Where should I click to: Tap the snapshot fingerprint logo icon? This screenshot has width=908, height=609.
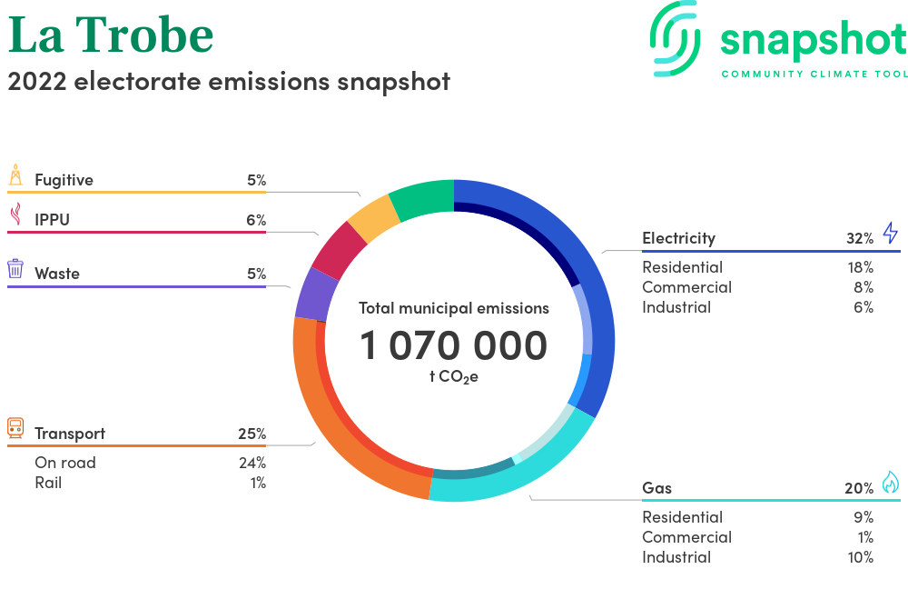pos(676,39)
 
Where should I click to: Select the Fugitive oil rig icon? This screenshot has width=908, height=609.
pos(15,175)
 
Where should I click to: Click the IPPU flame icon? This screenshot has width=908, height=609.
pos(16,214)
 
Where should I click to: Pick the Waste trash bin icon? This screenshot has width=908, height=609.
pos(15,269)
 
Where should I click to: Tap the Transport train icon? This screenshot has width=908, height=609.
pos(15,428)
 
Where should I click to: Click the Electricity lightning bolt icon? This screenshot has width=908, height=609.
pos(891,233)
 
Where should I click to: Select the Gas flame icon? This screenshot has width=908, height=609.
pos(891,482)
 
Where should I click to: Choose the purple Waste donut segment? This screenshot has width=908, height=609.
pos(316,294)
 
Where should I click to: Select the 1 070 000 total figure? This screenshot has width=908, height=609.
pos(453,345)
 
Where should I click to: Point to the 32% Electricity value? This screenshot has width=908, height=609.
pos(860,238)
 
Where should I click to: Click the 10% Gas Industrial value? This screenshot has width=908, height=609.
pos(861,557)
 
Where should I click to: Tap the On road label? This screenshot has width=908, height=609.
pos(65,463)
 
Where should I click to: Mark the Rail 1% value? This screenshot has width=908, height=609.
pos(258,483)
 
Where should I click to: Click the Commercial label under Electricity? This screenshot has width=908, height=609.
pos(686,287)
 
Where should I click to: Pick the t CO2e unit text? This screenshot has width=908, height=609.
pos(453,376)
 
